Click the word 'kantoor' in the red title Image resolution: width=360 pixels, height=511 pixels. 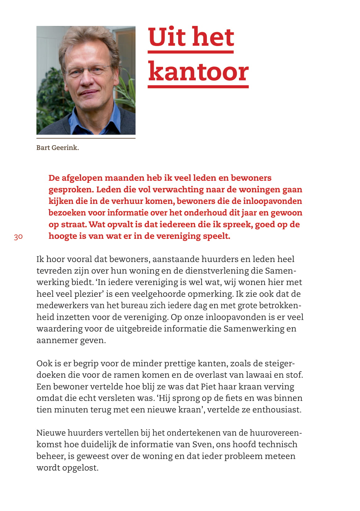198,71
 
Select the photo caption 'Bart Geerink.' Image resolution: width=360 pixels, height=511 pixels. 57,148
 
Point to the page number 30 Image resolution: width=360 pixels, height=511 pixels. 18,237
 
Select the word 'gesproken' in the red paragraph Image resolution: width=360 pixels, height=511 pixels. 70,189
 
